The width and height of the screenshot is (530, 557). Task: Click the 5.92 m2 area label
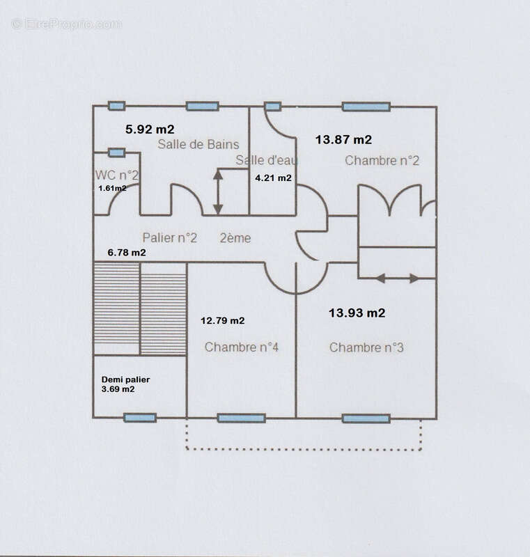click(x=150, y=130)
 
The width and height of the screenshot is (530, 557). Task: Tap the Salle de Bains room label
click(x=198, y=144)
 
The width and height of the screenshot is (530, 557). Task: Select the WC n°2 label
click(x=116, y=175)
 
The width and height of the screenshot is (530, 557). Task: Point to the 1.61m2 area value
click(x=112, y=188)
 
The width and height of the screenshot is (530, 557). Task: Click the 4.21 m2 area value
click(x=273, y=178)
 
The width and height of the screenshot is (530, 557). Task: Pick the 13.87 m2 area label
click(x=343, y=140)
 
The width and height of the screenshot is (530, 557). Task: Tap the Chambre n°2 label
click(x=382, y=161)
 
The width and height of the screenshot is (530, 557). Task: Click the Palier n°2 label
click(x=169, y=237)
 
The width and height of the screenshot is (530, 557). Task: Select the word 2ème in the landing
click(x=235, y=238)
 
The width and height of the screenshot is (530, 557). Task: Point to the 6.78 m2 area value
click(x=127, y=253)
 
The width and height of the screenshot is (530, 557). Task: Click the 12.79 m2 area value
click(x=222, y=321)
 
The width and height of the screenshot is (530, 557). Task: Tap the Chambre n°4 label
click(x=241, y=347)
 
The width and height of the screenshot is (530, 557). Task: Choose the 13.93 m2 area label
click(x=357, y=313)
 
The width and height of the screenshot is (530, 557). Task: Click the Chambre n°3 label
click(x=366, y=347)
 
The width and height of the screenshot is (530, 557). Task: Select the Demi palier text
click(x=125, y=379)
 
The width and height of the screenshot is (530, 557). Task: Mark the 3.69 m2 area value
click(x=118, y=389)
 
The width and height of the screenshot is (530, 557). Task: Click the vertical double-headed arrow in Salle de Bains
click(x=218, y=192)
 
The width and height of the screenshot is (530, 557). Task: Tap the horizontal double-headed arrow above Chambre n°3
click(x=397, y=278)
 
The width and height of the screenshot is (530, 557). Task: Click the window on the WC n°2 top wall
click(x=116, y=152)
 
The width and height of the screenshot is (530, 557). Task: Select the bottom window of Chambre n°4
click(x=241, y=418)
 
